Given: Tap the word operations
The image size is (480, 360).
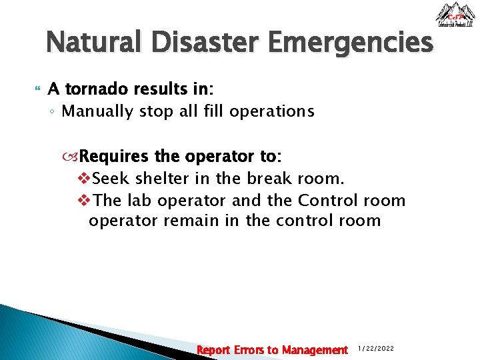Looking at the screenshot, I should click(271, 111).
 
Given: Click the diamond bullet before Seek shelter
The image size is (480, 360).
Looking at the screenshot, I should click(84, 179).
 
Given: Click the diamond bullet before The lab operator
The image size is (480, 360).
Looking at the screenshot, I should click(84, 200).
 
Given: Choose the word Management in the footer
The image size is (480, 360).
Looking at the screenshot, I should click(315, 350).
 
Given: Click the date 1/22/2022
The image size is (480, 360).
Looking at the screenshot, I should click(376, 349).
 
